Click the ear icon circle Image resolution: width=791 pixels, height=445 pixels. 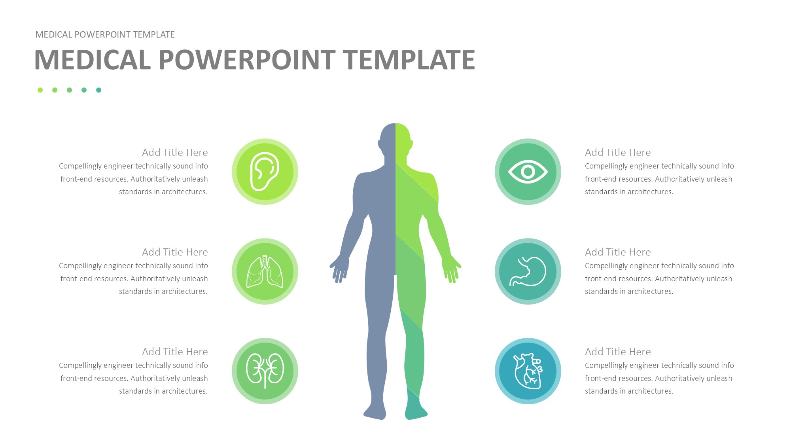[265, 172]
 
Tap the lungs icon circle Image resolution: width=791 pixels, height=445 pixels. [265, 271]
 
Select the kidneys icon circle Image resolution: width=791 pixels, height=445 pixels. [265, 371]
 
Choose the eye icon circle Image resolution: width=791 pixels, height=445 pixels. [528, 172]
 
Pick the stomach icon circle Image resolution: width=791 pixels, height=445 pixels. [528, 271]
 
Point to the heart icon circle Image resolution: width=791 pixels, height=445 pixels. [528, 371]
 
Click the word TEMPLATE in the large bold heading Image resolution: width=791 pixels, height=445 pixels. [409, 60]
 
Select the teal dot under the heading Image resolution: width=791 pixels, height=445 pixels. [98, 90]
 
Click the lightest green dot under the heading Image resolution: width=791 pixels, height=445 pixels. [40, 90]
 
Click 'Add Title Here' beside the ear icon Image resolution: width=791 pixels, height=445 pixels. [175, 152]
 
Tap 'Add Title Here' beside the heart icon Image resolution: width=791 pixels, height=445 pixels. [618, 352]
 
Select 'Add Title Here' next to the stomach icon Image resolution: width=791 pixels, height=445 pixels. [618, 252]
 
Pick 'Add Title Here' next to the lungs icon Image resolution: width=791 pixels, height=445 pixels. [175, 252]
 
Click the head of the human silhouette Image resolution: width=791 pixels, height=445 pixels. [395, 140]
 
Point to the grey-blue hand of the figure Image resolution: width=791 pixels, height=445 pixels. [340, 269]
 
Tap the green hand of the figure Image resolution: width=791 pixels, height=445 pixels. [451, 269]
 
